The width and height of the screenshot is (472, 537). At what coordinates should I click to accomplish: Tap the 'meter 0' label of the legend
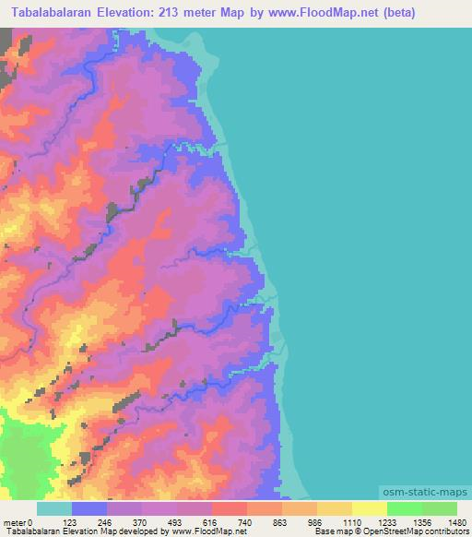19,521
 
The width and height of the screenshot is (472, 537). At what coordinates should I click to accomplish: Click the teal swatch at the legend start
54,508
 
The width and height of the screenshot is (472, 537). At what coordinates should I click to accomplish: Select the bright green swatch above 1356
405,508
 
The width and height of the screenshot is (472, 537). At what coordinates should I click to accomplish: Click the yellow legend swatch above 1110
335,508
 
